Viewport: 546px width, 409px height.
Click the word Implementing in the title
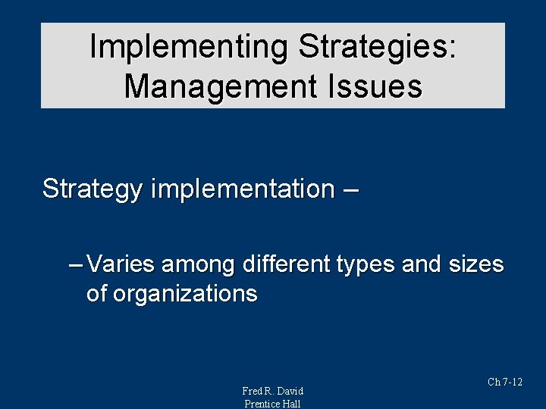tap(189, 47)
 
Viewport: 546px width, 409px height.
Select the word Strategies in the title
tap(377, 47)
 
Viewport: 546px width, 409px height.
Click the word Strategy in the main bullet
tap(92, 189)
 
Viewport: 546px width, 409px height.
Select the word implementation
tap(242, 189)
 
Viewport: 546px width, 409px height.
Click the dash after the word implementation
tap(351, 189)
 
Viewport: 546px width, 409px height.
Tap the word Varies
tap(121, 264)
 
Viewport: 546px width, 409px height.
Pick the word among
tap(197, 264)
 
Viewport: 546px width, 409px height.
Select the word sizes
tap(475, 264)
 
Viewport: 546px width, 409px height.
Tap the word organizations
tap(185, 294)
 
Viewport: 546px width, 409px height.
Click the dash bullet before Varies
tap(76, 264)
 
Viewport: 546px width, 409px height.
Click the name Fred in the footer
tap(253, 391)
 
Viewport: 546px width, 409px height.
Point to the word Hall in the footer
tap(292, 404)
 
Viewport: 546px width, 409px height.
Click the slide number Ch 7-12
tap(505, 382)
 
